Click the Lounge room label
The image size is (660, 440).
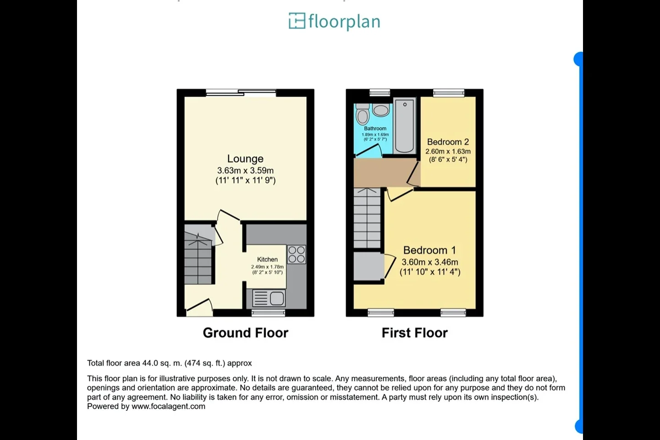click(x=245, y=159)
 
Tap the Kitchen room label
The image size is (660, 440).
click(x=267, y=259)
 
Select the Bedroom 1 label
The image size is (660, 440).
click(x=429, y=250)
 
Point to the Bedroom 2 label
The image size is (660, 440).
click(x=448, y=142)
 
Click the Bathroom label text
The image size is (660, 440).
click(x=375, y=128)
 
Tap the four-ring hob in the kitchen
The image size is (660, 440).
click(x=297, y=254)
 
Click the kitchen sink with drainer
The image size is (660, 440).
click(x=269, y=298)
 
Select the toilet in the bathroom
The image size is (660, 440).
click(x=363, y=114)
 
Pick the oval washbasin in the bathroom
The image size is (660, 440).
click(x=381, y=110)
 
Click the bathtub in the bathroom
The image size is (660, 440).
click(x=405, y=126)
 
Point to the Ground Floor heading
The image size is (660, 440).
click(x=246, y=333)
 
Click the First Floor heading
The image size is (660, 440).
click(x=414, y=333)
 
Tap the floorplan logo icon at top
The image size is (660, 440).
click(x=297, y=21)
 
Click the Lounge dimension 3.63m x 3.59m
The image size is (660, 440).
click(x=246, y=170)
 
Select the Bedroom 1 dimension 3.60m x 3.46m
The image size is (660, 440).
click(x=430, y=262)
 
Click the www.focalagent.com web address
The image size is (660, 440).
click(x=168, y=407)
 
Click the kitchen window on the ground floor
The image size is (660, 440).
click(x=268, y=313)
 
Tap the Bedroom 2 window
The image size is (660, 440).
click(x=449, y=93)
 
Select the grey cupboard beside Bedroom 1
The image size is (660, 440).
click(x=368, y=266)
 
